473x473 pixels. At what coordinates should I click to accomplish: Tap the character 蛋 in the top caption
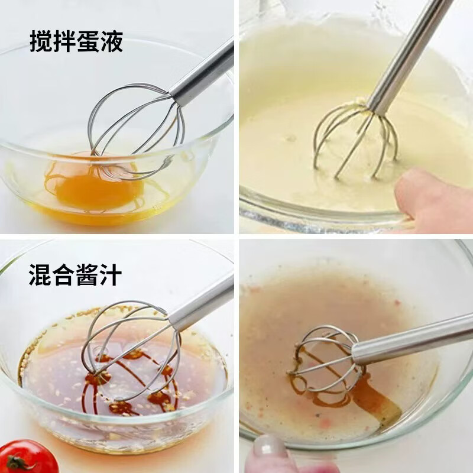(x=88, y=41)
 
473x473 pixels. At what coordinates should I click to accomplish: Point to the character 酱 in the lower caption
(x=87, y=274)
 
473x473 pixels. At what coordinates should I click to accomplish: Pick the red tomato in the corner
(x=27, y=456)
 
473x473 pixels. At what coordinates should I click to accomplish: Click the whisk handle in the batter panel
(x=406, y=57)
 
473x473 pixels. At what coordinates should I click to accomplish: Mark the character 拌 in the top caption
(x=64, y=41)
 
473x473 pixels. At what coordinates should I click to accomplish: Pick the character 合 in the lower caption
(x=64, y=274)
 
